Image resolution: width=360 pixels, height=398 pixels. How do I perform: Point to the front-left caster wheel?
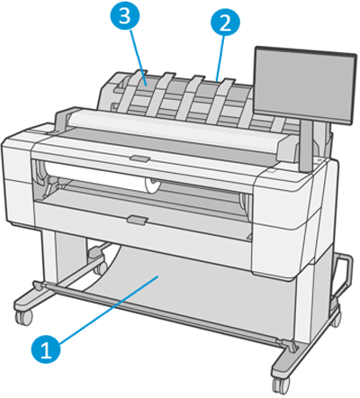(x=21, y=318)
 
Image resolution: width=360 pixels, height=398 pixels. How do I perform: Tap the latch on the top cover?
(x=139, y=158)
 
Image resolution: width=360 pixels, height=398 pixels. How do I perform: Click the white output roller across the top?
(x=180, y=122)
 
